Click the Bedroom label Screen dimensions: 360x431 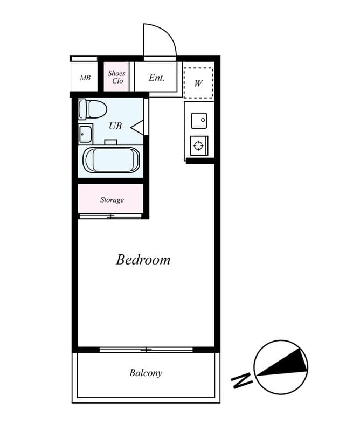tap(143, 260)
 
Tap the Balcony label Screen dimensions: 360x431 tap(146, 373)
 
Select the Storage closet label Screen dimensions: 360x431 tap(112, 200)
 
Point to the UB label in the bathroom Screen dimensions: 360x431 tap(115, 126)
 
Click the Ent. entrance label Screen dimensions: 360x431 tap(156, 78)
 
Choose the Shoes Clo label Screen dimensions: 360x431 tap(116, 77)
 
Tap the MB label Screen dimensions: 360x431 tap(85, 78)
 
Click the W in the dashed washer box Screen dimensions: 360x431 tap(198, 83)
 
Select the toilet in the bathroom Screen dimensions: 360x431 tap(92, 109)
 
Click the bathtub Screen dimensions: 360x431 tap(112, 160)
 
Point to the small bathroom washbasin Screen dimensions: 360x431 tap(85, 134)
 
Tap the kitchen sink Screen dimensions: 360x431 tap(199, 120)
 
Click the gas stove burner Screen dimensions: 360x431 tap(198, 145)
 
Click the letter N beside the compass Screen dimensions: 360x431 tap(242, 380)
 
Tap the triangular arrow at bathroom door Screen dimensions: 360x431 tap(136, 128)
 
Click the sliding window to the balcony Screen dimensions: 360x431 tap(146, 350)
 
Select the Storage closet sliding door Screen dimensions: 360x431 tap(110, 217)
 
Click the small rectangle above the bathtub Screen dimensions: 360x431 tap(111, 142)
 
